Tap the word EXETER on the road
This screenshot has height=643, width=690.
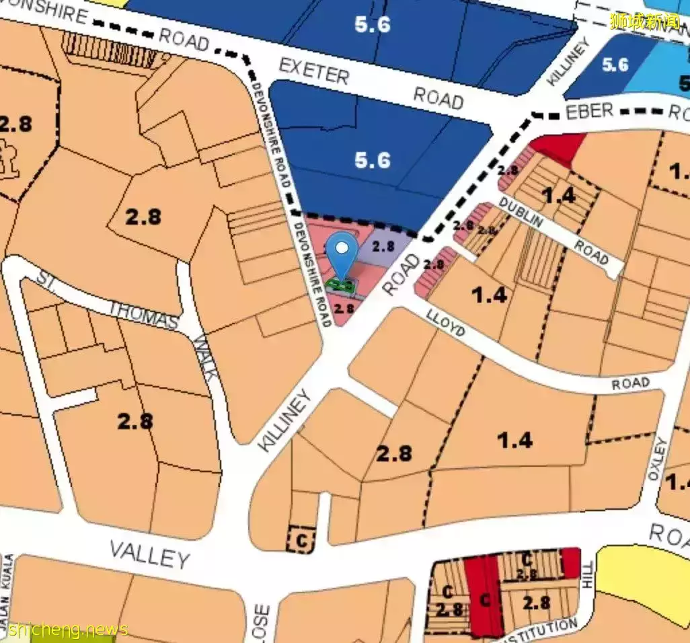pyautogui.click(x=314, y=70)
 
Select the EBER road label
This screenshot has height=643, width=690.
pyautogui.click(x=589, y=111)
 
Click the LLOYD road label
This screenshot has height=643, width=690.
pyautogui.click(x=445, y=323)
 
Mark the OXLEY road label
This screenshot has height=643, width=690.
pyautogui.click(x=657, y=459)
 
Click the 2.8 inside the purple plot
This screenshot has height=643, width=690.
pyautogui.click(x=383, y=246)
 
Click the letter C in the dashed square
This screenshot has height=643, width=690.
pyautogui.click(x=301, y=539)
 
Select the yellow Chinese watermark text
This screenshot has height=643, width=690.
pyautogui.click(x=646, y=20)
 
